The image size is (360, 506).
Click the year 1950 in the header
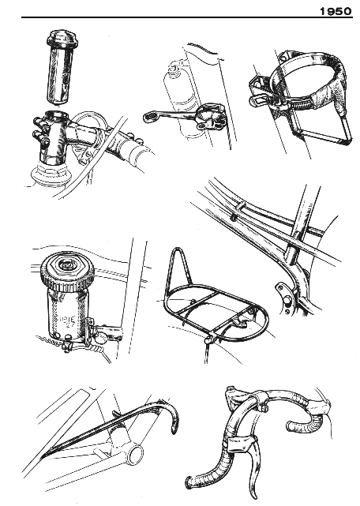[336, 12]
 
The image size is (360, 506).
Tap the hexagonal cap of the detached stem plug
[62, 38]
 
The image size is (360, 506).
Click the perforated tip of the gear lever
[149, 117]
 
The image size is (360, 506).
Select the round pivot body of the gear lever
[211, 116]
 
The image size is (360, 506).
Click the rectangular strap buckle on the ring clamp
[262, 99]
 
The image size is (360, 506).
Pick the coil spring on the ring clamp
[302, 103]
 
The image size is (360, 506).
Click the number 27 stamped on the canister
[69, 326]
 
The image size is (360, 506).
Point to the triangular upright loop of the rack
[178, 269]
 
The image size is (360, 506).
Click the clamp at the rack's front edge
[210, 339]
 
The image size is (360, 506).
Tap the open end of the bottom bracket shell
[135, 454]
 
